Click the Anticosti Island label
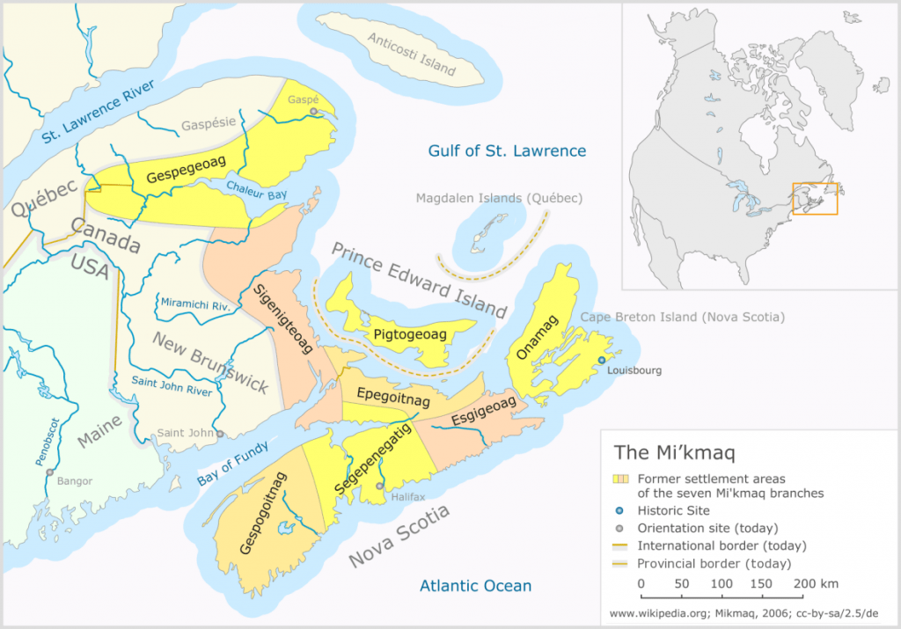[412, 54]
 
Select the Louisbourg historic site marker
[602, 361]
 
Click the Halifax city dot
[379, 486]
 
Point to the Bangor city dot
[50, 472]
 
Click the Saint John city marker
[221, 433]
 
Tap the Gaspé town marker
[312, 112]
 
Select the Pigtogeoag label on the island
[410, 335]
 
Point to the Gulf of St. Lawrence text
[507, 150]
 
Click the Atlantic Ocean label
[475, 586]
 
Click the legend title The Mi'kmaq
[674, 454]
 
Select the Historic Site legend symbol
[620, 510]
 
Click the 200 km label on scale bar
[816, 583]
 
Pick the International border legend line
[620, 545]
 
